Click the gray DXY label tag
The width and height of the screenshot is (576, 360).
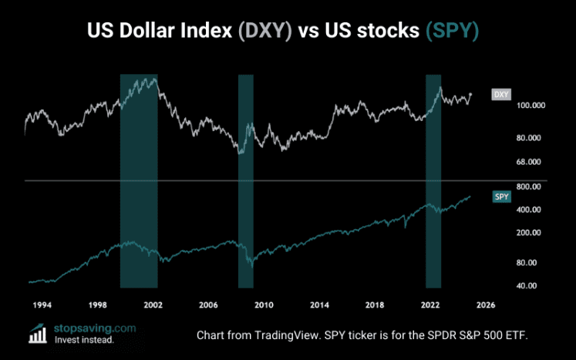500,95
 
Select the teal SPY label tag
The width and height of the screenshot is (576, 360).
500,197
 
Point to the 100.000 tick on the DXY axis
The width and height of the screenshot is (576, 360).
509,105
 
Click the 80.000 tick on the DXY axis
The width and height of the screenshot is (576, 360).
509,138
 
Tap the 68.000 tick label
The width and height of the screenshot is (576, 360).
509,163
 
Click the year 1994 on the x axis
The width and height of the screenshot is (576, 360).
42,304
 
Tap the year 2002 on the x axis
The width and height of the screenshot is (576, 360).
152,304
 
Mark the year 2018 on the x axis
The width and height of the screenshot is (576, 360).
374,304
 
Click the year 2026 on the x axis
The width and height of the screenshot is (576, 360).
485,304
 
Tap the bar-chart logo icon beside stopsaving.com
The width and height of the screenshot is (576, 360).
36,333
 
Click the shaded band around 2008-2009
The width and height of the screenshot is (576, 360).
246,181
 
